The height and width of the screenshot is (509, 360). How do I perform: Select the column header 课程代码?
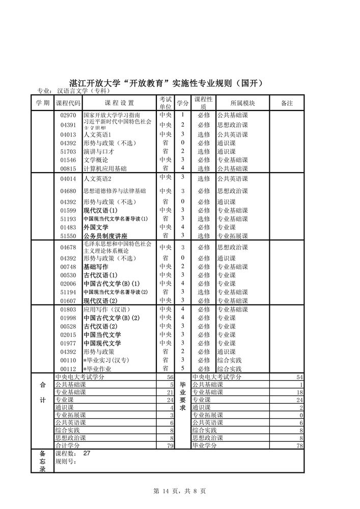coord(68,103)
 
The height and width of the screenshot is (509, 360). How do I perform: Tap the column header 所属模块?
coord(242,103)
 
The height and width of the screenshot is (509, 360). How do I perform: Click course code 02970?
coord(68,116)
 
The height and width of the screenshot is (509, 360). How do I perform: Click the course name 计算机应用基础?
coord(105,168)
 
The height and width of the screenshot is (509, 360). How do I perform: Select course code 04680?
coord(68,191)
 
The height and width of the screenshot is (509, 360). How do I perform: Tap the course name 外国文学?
coord(95,227)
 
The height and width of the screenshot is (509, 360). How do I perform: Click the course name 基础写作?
coord(95,267)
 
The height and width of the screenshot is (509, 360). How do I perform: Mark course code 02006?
coord(68,284)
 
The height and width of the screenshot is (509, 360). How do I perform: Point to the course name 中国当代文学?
coord(102,335)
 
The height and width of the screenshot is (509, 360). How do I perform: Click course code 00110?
coord(68,360)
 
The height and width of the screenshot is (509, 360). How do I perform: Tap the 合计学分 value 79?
coord(171,445)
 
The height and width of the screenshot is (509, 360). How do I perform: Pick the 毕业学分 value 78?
coord(300,445)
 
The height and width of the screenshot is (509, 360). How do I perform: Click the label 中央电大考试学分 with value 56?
coord(79,377)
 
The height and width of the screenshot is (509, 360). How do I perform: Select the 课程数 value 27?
coord(86,453)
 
